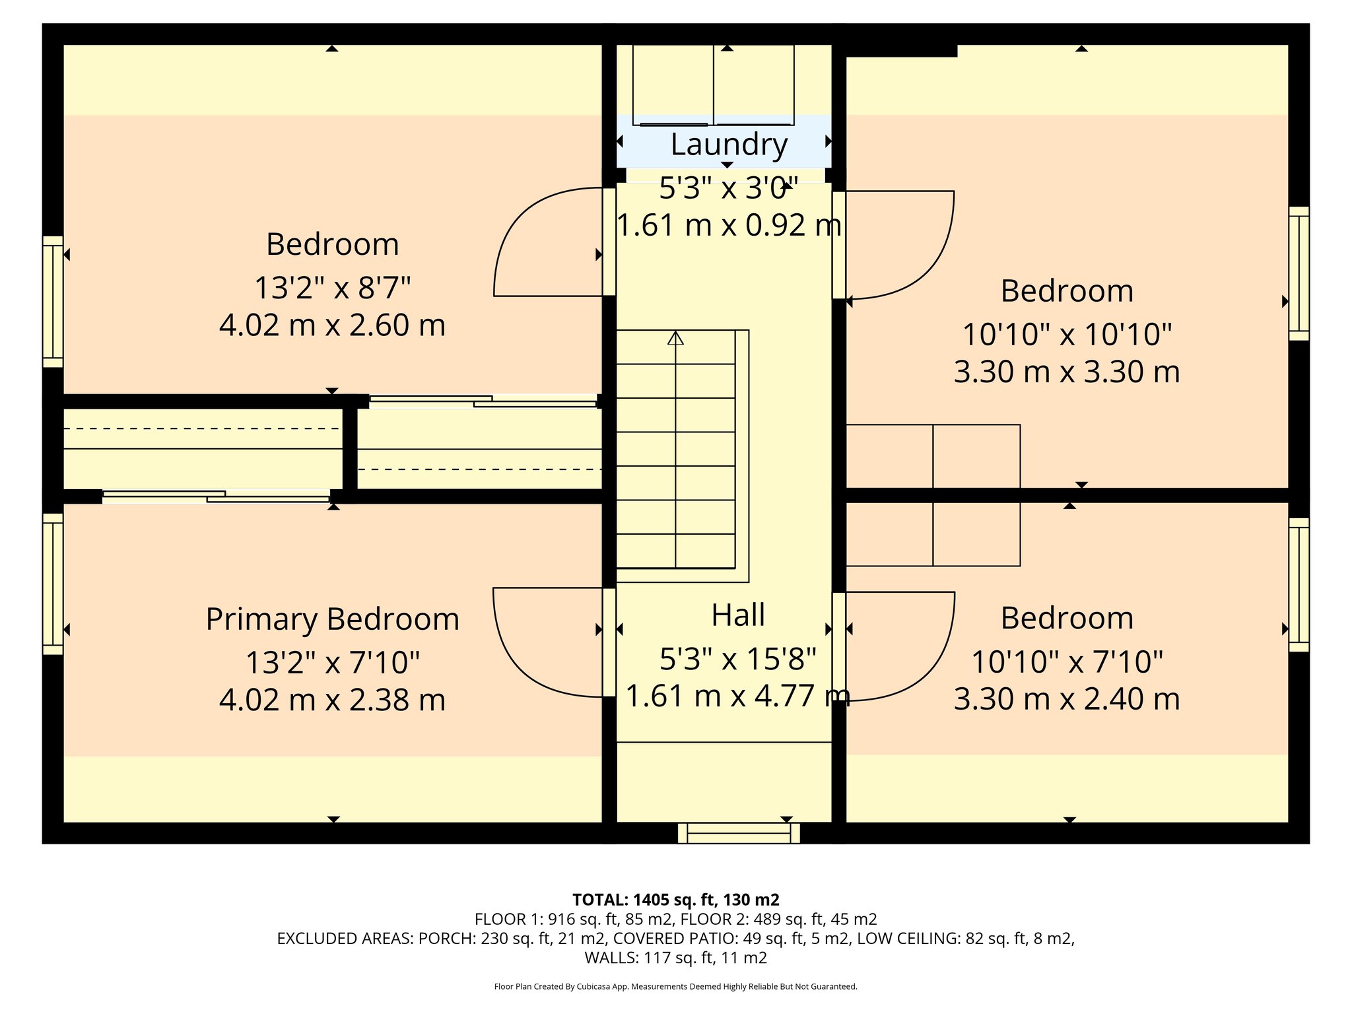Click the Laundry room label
729,145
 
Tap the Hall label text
738,615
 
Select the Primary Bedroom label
332,620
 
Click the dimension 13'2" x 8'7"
332,288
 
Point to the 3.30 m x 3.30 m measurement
1067,372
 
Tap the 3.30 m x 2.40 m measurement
1067,699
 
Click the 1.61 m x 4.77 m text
737,696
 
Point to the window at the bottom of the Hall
739,833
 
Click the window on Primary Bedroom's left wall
53,584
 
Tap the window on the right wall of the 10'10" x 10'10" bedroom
1299,273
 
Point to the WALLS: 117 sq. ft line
675,958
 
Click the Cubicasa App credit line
675,987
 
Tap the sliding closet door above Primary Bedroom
216,496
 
